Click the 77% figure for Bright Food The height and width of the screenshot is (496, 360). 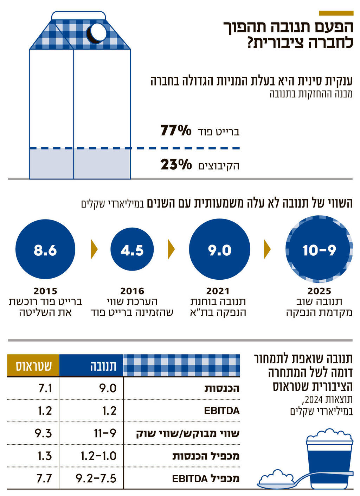176,131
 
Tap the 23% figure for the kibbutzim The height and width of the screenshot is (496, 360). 176,165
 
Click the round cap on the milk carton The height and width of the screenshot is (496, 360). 96,33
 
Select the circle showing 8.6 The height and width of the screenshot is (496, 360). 45,249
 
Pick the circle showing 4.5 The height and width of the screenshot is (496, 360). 132,249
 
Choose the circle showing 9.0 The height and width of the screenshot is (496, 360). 219,249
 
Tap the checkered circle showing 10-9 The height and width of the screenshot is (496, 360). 319,249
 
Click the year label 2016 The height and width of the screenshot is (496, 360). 132,291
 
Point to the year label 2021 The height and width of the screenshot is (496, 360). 218,291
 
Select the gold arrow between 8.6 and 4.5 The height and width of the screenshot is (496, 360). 94,249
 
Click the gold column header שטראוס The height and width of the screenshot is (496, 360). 33,366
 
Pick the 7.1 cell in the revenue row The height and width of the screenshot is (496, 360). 45,388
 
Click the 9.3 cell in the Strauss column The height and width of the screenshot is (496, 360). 43,433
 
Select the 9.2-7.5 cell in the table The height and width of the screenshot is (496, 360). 96,478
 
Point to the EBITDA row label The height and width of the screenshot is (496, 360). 221,411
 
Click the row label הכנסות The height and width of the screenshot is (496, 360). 222,388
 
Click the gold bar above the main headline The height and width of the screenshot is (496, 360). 336,13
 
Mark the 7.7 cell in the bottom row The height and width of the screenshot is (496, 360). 44,478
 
